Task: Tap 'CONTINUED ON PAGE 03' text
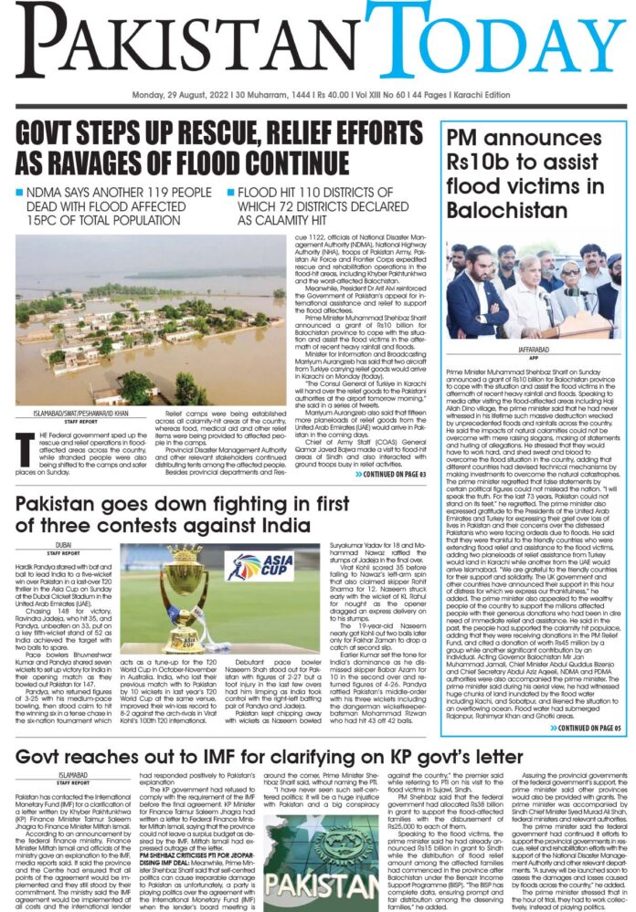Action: tap(394, 474)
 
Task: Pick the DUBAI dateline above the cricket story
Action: tap(67, 542)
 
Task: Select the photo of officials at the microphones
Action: tap(535, 291)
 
